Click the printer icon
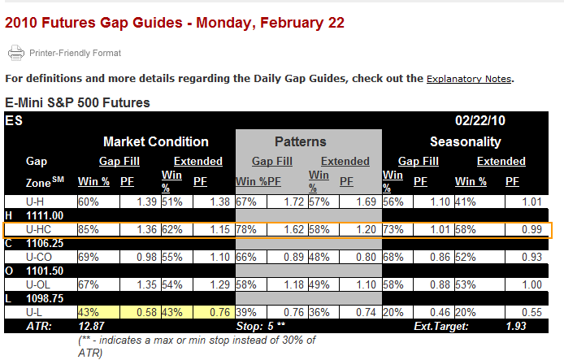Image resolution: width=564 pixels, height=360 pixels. [15, 53]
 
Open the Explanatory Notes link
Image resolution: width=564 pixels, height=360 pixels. [469, 79]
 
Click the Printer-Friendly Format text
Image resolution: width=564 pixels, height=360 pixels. [76, 53]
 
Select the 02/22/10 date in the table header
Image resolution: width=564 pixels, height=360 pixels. [479, 120]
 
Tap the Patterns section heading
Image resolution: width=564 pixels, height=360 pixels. [301, 141]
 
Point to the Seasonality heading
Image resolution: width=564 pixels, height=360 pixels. [466, 142]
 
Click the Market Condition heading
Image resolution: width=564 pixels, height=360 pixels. [156, 141]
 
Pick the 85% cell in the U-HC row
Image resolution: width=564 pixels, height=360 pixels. [89, 229]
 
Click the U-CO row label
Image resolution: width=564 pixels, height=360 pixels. [39, 257]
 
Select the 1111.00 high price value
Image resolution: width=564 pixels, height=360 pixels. [45, 216]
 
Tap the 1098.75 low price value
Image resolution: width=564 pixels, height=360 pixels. [45, 298]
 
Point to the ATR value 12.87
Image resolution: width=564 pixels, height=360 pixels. [91, 326]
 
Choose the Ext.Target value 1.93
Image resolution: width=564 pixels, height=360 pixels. [516, 326]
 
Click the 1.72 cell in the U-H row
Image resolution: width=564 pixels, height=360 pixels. [294, 202]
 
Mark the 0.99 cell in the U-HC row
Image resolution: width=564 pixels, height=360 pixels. [531, 229]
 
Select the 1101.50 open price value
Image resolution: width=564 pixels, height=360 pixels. [45, 271]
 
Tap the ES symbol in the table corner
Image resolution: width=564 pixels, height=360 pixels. [14, 120]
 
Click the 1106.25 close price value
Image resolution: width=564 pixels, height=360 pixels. [45, 244]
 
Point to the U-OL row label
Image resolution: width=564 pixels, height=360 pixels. [38, 285]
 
